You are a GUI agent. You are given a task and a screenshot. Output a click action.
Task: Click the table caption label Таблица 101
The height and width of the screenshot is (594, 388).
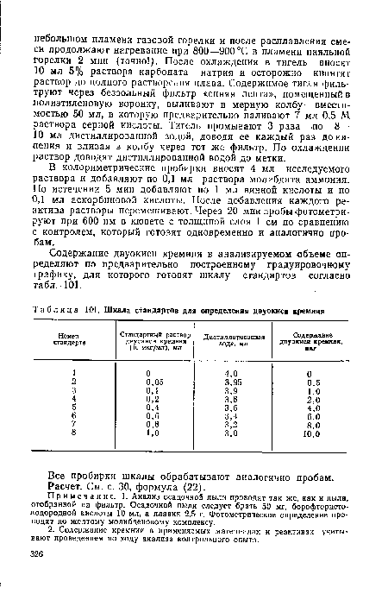tap(68, 287)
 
